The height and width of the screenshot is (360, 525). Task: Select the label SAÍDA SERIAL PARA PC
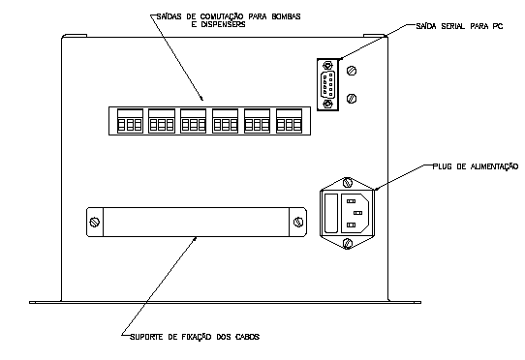point(459,26)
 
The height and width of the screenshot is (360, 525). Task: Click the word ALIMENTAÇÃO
point(495,166)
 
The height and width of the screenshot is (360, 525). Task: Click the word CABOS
point(247,337)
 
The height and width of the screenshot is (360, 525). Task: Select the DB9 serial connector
point(327,84)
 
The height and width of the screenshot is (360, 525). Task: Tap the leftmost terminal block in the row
point(130,121)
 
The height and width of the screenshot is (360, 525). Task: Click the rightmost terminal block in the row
point(289,121)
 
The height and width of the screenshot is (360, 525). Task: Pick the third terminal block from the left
point(193,121)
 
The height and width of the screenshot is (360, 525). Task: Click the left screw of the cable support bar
point(95,223)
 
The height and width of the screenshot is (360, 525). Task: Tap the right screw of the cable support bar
point(298,223)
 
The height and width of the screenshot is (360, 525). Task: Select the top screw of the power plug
point(348,183)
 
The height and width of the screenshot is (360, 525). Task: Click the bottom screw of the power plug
point(348,243)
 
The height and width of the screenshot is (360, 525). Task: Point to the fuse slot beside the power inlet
point(331,213)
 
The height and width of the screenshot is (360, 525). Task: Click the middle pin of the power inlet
point(358,213)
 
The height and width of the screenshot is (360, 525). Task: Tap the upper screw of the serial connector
point(327,65)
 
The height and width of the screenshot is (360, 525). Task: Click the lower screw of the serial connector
point(327,105)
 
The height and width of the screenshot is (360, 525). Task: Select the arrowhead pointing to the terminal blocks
point(201,99)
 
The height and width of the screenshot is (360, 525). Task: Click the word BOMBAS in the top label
point(287,16)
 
